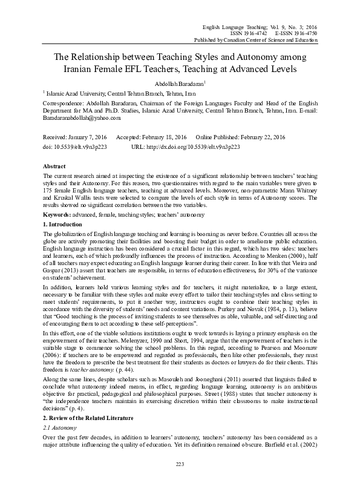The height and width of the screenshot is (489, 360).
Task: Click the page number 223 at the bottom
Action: (x=179, y=464)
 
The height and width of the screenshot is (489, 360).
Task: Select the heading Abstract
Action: (x=56, y=165)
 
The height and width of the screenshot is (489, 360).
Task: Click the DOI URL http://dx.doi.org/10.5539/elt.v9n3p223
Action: (x=188, y=146)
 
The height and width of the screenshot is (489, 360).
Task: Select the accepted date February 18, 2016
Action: (x=165, y=138)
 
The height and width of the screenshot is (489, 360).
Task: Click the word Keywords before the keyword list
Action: (x=59, y=215)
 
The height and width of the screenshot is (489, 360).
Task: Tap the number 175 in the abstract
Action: (x=50, y=189)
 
